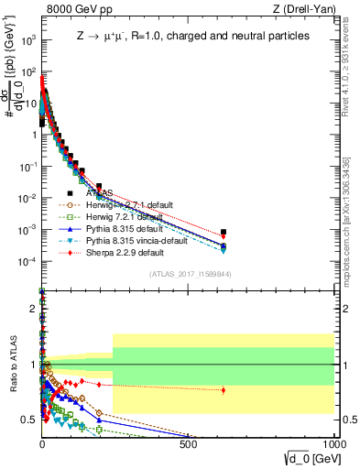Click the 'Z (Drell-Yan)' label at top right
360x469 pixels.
coord(305,9)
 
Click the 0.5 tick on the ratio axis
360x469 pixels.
coord(28,420)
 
